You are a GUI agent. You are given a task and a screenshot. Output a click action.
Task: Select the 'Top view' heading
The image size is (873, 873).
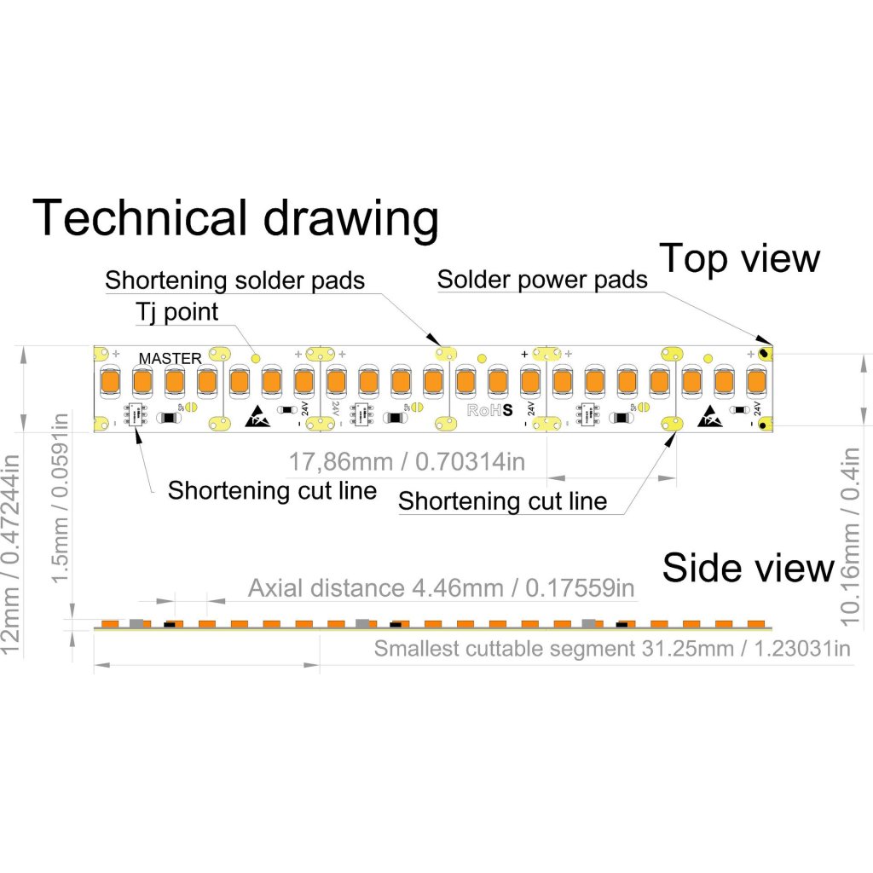pyautogui.click(x=740, y=257)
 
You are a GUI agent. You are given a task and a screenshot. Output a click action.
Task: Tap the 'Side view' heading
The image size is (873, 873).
pyautogui.click(x=748, y=568)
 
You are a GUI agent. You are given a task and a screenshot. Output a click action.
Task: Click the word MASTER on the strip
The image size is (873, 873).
pyautogui.click(x=171, y=358)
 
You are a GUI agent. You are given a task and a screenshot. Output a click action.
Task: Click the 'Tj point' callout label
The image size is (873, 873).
pyautogui.click(x=176, y=312)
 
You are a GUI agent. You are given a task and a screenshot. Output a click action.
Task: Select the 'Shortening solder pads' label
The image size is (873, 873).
pyautogui.click(x=235, y=280)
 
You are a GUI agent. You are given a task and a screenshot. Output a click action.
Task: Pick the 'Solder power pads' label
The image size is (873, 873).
pyautogui.click(x=542, y=280)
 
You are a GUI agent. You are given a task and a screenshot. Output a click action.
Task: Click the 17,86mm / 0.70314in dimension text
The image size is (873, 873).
pyautogui.click(x=406, y=463)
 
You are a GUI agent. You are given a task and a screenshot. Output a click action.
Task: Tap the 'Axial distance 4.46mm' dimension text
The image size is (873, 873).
pyautogui.click(x=442, y=588)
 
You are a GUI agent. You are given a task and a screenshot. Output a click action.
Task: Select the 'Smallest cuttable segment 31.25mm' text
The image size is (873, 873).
pyautogui.click(x=612, y=649)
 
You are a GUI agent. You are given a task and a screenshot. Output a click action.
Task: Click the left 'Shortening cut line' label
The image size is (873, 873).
pyautogui.click(x=272, y=490)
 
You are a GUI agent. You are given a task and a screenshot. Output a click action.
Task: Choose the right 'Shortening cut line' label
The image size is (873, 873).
pyautogui.click(x=502, y=500)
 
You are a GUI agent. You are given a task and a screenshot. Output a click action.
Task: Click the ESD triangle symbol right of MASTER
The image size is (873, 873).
pyautogui.click(x=257, y=417)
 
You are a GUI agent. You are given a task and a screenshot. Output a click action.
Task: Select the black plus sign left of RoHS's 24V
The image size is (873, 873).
pyautogui.click(x=523, y=353)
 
